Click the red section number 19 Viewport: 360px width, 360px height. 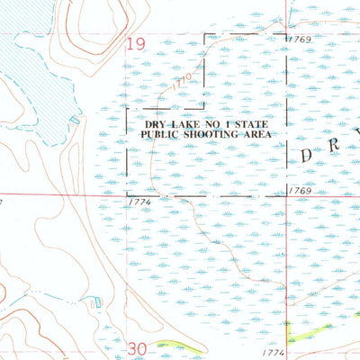coord(136,44)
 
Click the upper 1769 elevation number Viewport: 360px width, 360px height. coord(300,40)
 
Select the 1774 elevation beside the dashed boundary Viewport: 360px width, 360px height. coord(139,202)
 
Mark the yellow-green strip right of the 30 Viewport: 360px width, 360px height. coord(171,343)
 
